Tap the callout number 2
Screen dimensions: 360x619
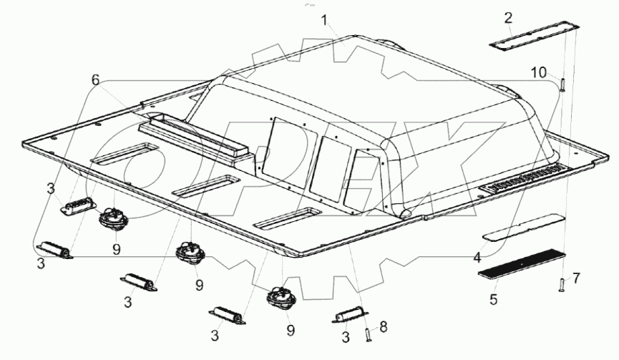pos(508,17)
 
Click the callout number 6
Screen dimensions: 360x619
pos(95,80)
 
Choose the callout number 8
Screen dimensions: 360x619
pos(384,326)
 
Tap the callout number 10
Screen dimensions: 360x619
pos(538,71)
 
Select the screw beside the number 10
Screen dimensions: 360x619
pos(562,85)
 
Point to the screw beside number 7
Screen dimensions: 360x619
pos(562,286)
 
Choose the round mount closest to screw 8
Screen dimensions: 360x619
pos(279,296)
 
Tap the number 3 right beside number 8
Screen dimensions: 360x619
pos(346,336)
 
